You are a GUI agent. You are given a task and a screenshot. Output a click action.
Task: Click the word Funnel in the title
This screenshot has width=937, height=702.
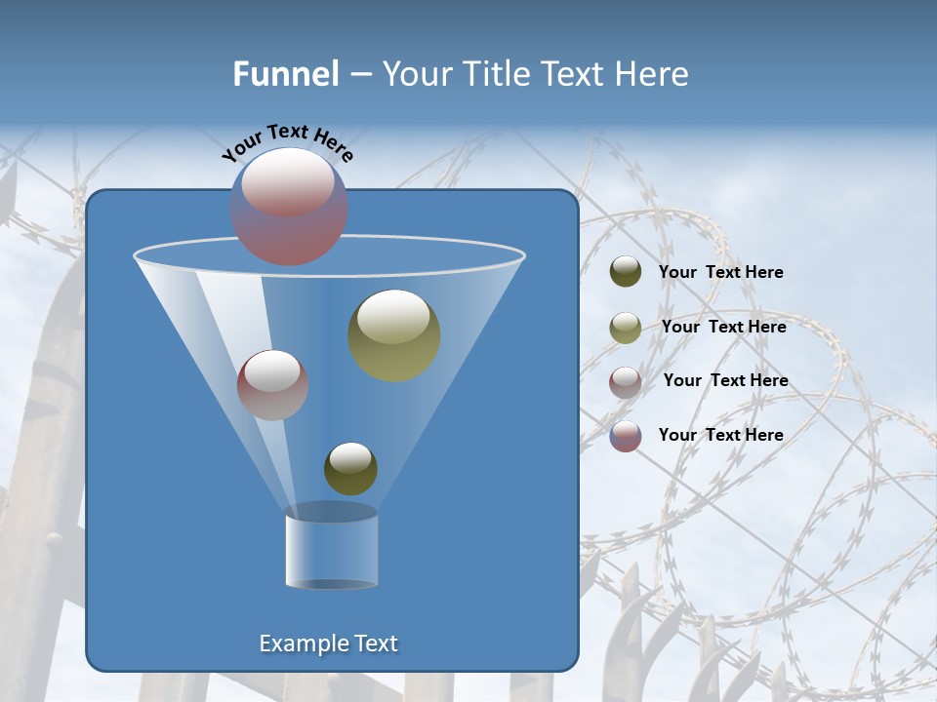coord(285,74)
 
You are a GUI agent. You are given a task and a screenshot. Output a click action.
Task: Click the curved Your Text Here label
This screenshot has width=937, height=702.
coord(288,142)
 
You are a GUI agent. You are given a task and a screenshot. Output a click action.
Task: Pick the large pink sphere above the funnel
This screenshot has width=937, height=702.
coord(289,208)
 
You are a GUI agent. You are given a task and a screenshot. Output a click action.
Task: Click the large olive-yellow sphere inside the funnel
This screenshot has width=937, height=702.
coord(394,336)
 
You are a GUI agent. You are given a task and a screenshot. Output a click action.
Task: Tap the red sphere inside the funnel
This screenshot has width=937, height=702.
coord(273,385)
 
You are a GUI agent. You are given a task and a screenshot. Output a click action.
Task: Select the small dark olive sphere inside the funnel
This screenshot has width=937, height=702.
coord(350,469)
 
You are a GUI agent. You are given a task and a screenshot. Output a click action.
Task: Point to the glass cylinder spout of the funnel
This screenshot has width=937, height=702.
coord(331,548)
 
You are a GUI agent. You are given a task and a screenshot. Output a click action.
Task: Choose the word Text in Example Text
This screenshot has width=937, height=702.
coord(375,643)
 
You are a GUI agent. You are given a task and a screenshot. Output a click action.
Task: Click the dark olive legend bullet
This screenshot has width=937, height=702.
coord(626,272)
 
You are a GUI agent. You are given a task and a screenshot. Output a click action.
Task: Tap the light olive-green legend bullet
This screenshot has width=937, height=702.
coord(626,328)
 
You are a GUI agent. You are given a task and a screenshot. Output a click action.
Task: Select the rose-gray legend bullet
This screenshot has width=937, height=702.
coord(626,381)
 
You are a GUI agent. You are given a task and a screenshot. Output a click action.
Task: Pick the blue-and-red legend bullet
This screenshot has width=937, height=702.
coord(626,436)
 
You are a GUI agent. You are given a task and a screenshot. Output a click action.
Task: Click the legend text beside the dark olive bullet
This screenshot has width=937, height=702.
coord(720,272)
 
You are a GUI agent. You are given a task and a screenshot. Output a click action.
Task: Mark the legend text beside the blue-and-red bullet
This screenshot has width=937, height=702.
coord(720,435)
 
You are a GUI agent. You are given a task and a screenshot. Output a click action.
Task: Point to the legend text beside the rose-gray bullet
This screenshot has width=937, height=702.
coord(725,380)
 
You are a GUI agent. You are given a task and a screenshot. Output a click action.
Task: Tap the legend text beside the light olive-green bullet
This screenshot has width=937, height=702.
coord(723,327)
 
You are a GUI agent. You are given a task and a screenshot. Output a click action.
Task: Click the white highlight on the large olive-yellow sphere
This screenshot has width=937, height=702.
coord(393,315)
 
